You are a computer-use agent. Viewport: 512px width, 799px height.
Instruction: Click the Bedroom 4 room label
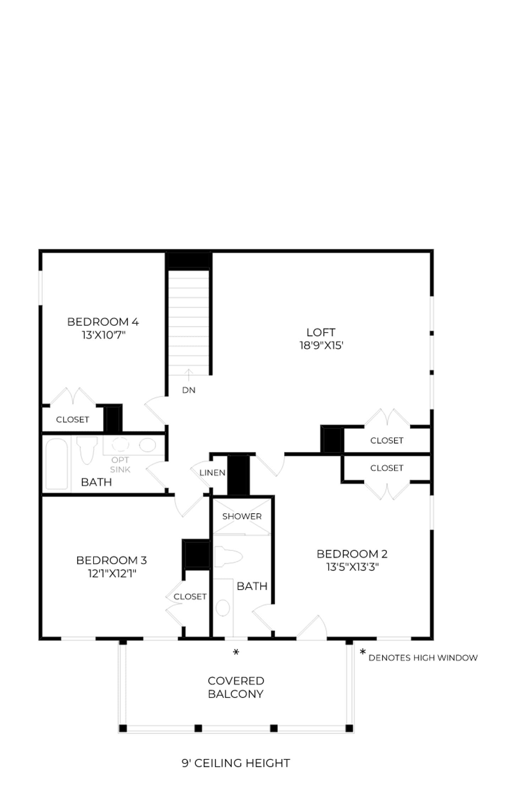pyautogui.click(x=103, y=322)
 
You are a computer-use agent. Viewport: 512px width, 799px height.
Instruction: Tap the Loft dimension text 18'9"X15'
pyautogui.click(x=321, y=345)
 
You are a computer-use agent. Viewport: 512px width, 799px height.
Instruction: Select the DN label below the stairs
pyautogui.click(x=189, y=390)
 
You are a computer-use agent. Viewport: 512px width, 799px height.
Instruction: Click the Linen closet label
pyautogui.click(x=212, y=473)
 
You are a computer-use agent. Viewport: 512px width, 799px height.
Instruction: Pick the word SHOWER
pyautogui.click(x=242, y=516)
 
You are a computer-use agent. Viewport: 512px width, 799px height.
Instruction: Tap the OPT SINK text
pyautogui.click(x=120, y=464)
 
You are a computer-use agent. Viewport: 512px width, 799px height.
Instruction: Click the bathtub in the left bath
pyautogui.click(x=56, y=464)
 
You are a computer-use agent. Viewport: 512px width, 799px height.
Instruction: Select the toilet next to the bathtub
pyautogui.click(x=87, y=450)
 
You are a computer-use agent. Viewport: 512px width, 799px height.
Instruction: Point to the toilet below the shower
pyautogui.click(x=228, y=557)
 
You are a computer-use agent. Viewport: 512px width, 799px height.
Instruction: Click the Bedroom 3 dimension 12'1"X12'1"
pyautogui.click(x=112, y=573)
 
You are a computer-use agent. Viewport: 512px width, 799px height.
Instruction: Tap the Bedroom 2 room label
pyautogui.click(x=352, y=554)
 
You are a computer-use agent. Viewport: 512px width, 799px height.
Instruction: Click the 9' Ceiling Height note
pyautogui.click(x=236, y=763)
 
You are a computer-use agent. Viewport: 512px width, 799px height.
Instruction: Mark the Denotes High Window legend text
pyautogui.click(x=423, y=658)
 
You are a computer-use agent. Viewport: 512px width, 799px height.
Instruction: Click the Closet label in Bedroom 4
pyautogui.click(x=72, y=419)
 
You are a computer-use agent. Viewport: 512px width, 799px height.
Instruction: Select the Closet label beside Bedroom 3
pyautogui.click(x=190, y=596)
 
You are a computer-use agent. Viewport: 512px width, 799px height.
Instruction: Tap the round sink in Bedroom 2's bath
pyautogui.click(x=223, y=608)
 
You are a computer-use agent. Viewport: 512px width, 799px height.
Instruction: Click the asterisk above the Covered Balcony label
pyautogui.click(x=236, y=652)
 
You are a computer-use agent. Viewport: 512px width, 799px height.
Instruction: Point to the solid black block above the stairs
pyautogui.click(x=189, y=260)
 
